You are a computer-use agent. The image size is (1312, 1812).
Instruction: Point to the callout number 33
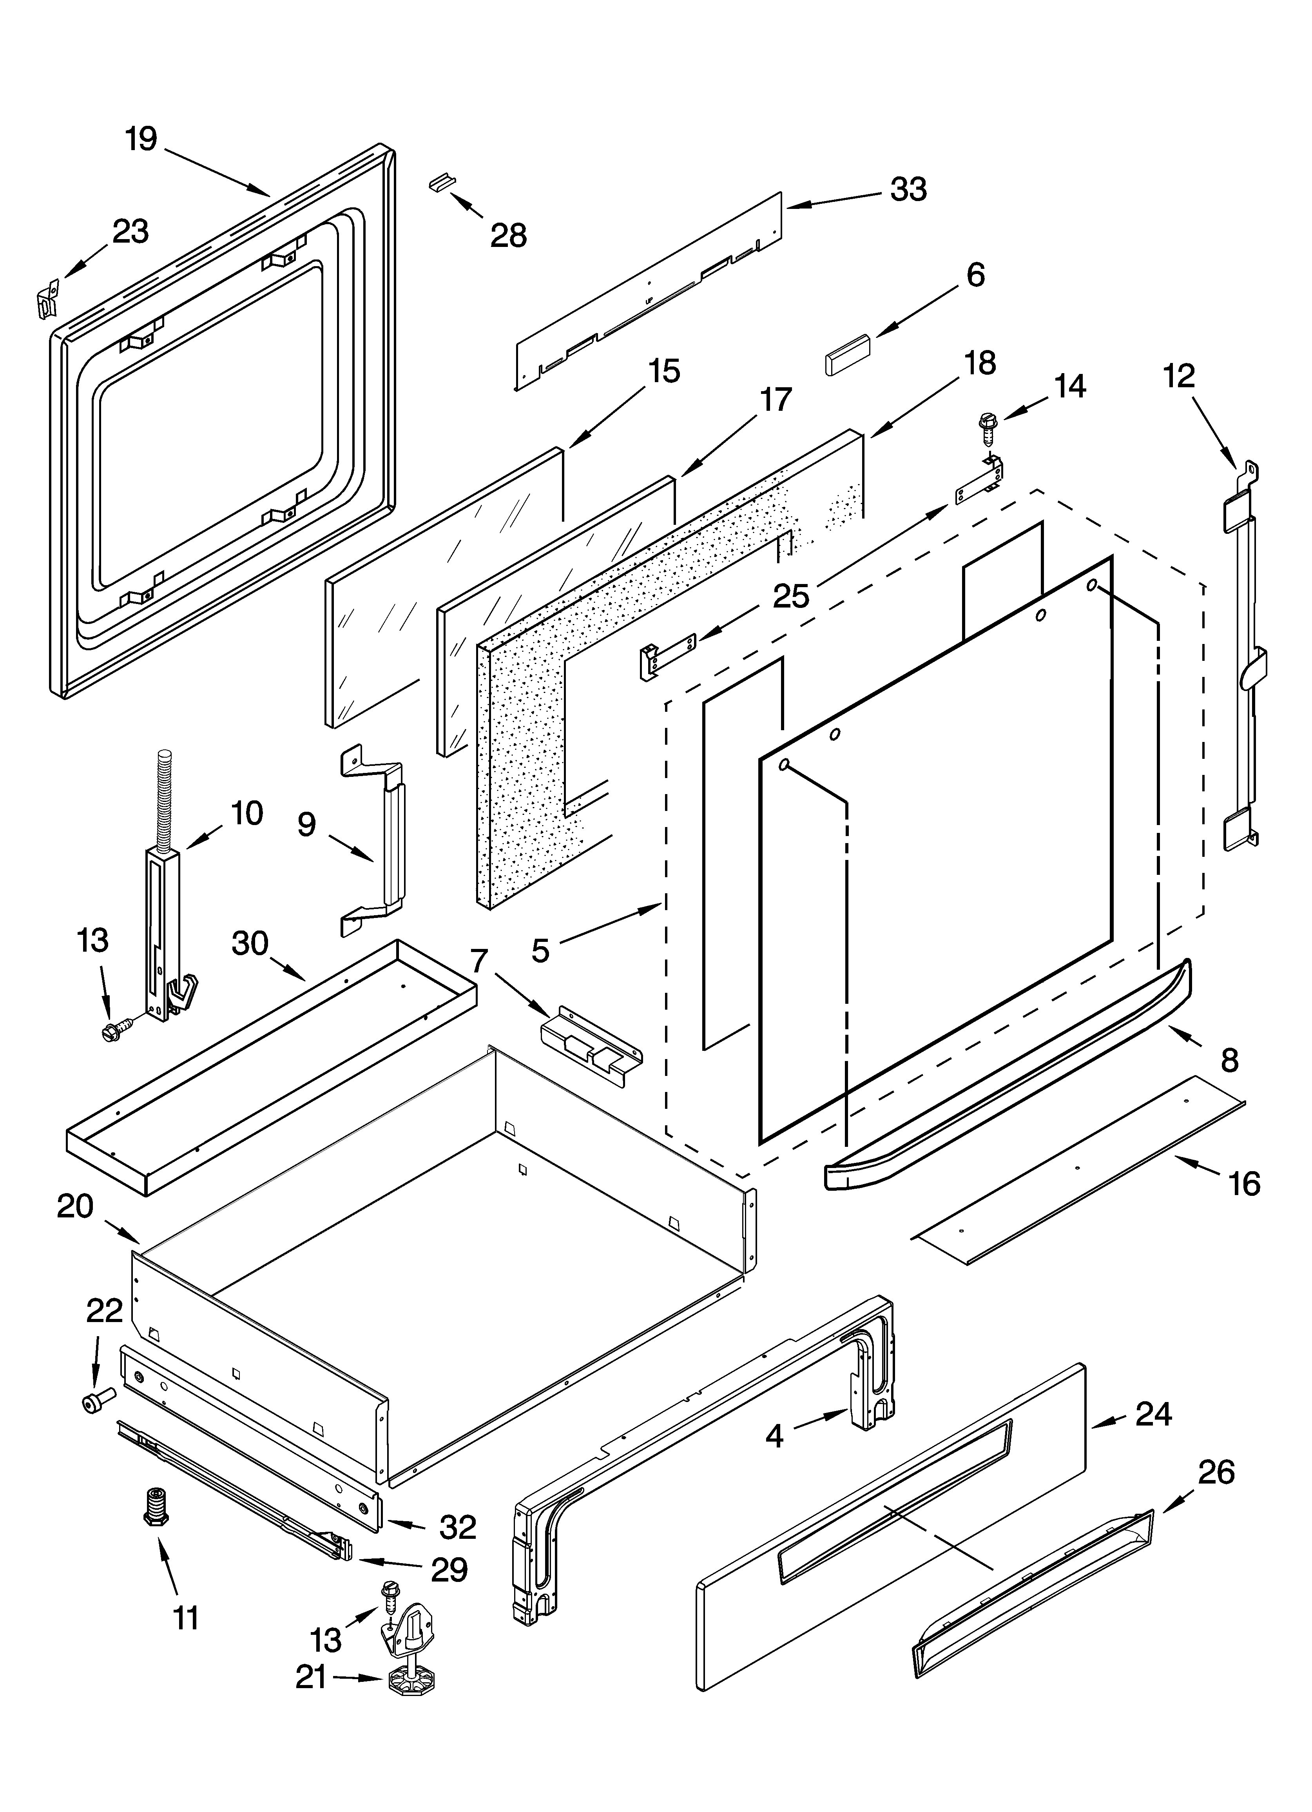click(x=908, y=189)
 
